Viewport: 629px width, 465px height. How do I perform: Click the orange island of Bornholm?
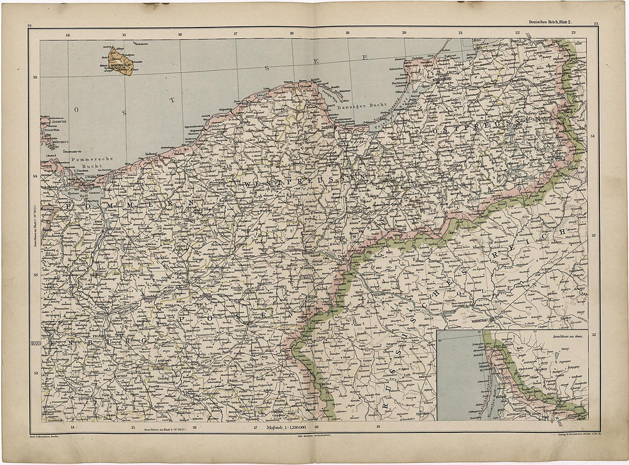click(x=121, y=60)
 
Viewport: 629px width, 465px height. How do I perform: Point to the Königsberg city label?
click(x=445, y=79)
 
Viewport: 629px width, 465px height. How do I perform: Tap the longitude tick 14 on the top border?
click(x=67, y=34)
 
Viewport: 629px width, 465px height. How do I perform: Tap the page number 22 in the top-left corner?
click(x=30, y=25)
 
